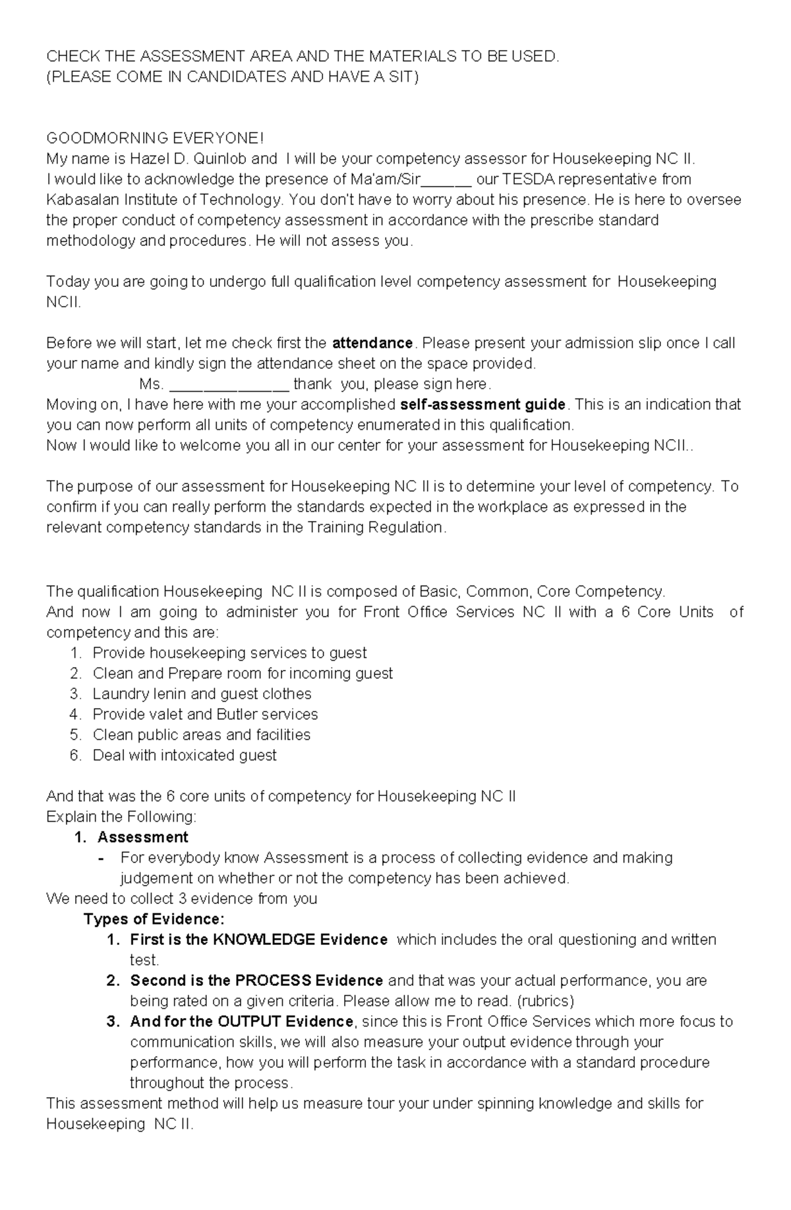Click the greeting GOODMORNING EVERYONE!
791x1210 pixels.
click(x=154, y=138)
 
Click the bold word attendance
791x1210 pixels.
click(x=372, y=343)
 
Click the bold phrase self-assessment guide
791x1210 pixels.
click(x=483, y=404)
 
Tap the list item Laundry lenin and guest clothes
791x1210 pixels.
click(x=202, y=694)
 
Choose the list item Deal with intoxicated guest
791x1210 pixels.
click(x=184, y=755)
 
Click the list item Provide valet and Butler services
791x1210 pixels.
click(x=205, y=714)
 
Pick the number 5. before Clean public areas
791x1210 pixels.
click(x=75, y=735)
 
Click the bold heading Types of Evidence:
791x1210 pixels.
click(x=154, y=919)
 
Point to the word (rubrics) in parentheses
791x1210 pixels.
click(x=546, y=1001)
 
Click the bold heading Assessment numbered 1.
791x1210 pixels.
click(x=142, y=837)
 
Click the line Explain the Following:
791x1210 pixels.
click(x=121, y=817)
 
